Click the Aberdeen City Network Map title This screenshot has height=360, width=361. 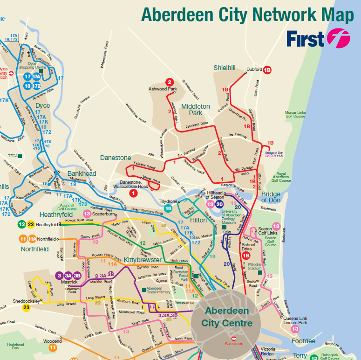[x=247, y=14]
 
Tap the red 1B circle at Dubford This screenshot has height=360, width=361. [x=267, y=70]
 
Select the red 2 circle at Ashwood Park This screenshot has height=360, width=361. [x=170, y=82]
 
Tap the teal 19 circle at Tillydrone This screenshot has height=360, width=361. [x=168, y=208]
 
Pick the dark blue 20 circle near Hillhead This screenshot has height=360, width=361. [x=219, y=204]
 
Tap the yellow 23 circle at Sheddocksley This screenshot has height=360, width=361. [x=26, y=307]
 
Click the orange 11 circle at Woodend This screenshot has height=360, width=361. [x=53, y=347]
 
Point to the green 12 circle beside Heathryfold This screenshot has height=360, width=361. [x=22, y=224]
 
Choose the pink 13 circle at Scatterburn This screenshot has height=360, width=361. [x=87, y=214]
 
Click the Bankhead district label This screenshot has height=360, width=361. [x=82, y=173]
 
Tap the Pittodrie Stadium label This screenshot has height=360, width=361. [x=267, y=266]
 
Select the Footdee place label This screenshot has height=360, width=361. [x=303, y=341]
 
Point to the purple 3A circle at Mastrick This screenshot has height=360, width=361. [x=68, y=275]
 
